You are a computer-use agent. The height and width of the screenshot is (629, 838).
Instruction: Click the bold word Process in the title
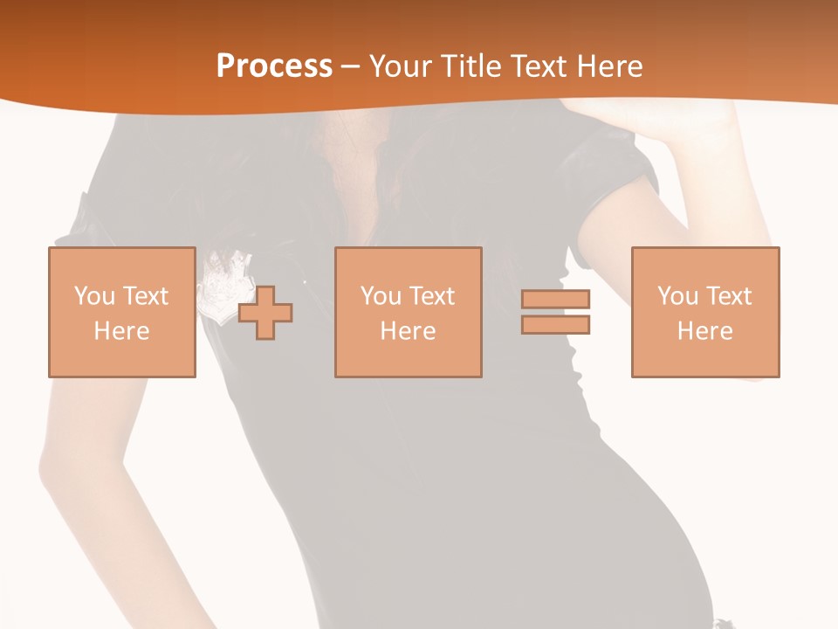274,66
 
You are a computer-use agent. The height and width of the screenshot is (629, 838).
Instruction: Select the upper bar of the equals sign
555,299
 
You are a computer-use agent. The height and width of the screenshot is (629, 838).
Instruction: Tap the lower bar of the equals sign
555,324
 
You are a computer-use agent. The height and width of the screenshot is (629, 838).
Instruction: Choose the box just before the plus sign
121,312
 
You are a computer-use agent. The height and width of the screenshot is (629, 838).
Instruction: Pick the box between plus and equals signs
408,312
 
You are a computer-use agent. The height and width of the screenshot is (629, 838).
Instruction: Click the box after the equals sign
704,312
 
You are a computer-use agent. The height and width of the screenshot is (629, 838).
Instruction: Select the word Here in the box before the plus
121,331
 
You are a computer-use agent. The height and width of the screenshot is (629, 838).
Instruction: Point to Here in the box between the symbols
408,331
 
